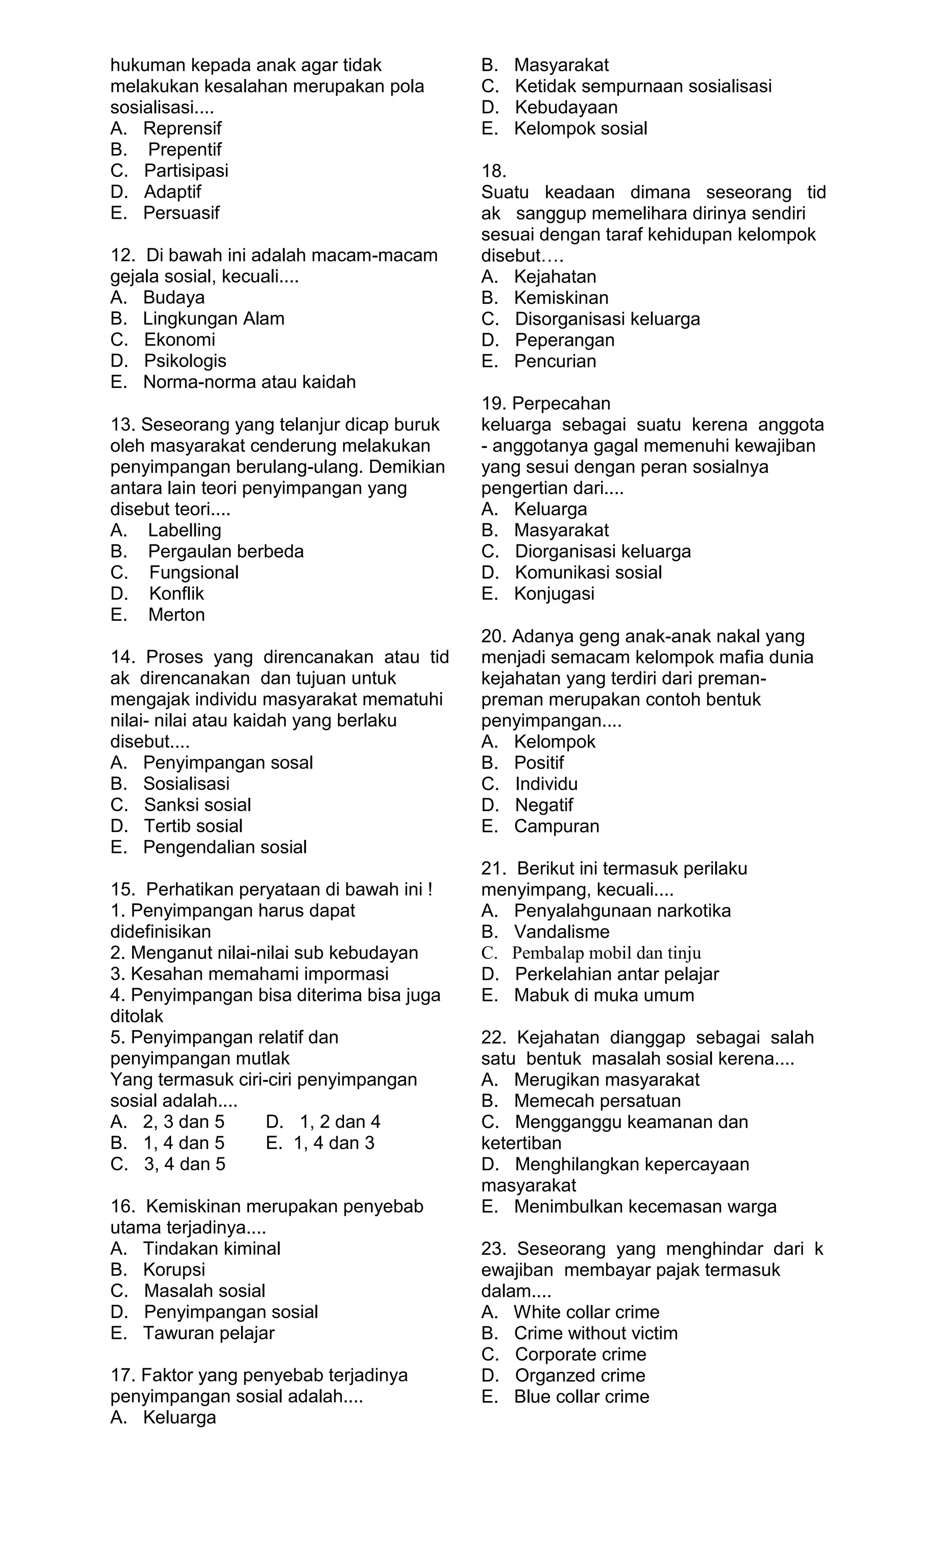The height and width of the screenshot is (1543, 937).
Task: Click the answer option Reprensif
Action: coord(182,129)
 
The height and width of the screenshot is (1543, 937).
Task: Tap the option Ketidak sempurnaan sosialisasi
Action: coord(643,86)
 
